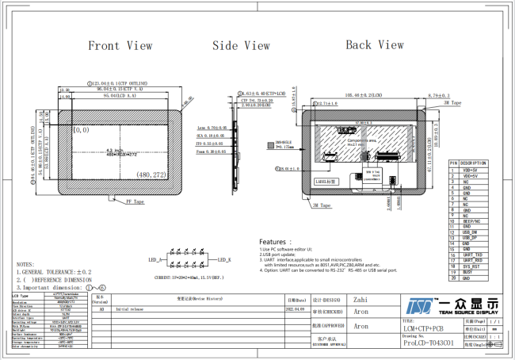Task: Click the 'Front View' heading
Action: coord(120,46)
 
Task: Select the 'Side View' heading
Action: coord(242,46)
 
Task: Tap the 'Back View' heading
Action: coord(375,45)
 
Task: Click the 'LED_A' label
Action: coord(155,260)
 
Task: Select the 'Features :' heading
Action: coord(281,242)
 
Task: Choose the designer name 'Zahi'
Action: coord(360,301)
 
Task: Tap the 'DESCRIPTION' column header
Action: coord(474,163)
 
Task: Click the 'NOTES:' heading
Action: coord(25,264)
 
